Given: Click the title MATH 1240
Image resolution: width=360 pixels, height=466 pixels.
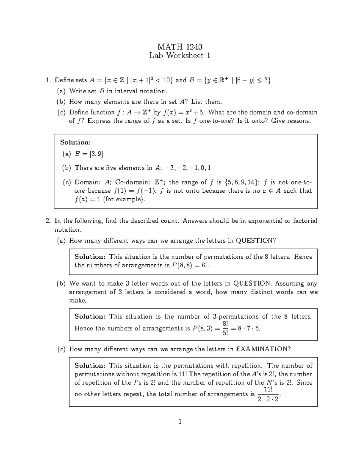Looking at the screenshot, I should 180,47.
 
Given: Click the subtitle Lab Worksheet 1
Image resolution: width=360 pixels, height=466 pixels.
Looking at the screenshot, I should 180,56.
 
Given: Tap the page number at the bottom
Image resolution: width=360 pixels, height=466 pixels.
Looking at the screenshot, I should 180,422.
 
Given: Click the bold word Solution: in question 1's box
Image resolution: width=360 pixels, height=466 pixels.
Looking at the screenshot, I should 75,142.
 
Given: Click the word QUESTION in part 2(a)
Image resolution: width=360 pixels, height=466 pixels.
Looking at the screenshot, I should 256,241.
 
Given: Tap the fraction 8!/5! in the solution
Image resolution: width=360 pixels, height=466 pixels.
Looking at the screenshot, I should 226,328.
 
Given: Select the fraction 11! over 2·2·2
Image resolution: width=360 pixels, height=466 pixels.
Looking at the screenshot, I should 268,394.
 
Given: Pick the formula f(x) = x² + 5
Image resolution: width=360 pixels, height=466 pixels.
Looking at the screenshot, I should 183,112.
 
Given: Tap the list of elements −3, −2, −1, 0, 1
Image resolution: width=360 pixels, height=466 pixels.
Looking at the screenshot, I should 186,168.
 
